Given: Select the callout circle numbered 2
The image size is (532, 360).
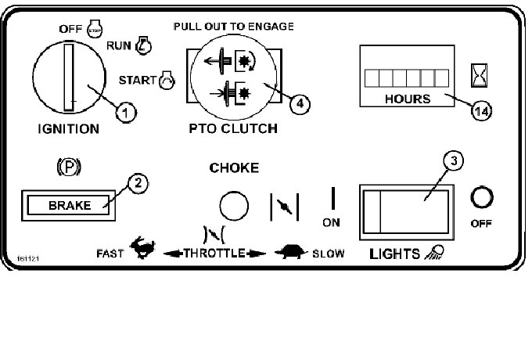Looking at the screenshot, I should pos(138,185).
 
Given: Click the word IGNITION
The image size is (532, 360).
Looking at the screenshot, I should pos(68,128).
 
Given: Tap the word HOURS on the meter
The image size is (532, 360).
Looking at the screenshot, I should pos(408,99).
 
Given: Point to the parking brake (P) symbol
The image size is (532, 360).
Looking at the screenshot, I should pos(70,167).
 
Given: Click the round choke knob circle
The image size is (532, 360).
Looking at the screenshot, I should pos(233,207).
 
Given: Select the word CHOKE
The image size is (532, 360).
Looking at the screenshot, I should pos(234,167).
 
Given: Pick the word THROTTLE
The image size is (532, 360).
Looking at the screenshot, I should pos(214,254).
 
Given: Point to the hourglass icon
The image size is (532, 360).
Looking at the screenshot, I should pos(479,75).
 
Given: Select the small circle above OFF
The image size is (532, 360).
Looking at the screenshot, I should pos(480,197).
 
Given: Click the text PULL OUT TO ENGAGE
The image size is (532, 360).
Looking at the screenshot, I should pos(233,26).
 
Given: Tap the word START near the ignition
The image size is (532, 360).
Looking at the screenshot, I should pos(138,79).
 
